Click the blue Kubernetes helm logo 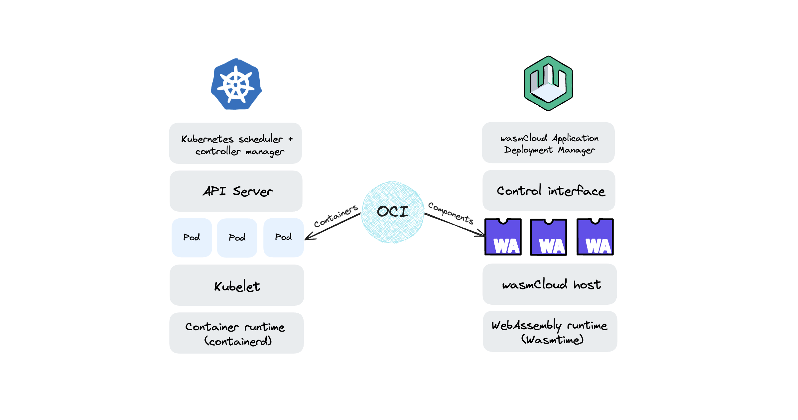pyautogui.click(x=236, y=84)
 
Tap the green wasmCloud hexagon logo pyautogui.click(x=548, y=83)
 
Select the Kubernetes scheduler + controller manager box pyautogui.click(x=235, y=144)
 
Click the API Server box pyautogui.click(x=236, y=191)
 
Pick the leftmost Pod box pyautogui.click(x=192, y=237)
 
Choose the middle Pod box pyautogui.click(x=237, y=238)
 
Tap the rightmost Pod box pyautogui.click(x=283, y=237)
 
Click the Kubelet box pyautogui.click(x=237, y=285)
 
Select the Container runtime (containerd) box pyautogui.click(x=236, y=333)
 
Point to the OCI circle pyautogui.click(x=392, y=212)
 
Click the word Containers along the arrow pyautogui.click(x=336, y=216)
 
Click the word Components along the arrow pyautogui.click(x=451, y=213)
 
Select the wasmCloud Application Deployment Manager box pyautogui.click(x=548, y=143)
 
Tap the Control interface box pyautogui.click(x=549, y=190)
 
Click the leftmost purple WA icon pyautogui.click(x=503, y=237)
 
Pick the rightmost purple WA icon pyautogui.click(x=595, y=237)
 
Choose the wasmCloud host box pyautogui.click(x=550, y=284)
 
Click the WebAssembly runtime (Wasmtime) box pyautogui.click(x=550, y=332)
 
